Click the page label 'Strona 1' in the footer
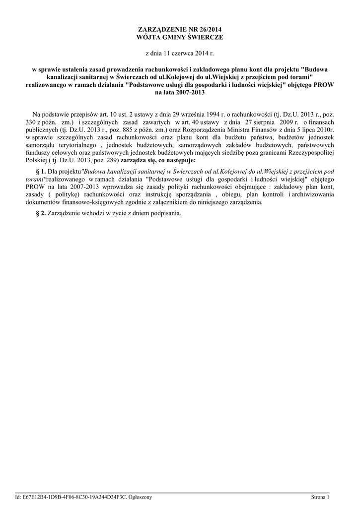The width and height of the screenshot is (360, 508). coord(320,497)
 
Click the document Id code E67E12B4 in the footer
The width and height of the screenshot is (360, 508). coord(32,497)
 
